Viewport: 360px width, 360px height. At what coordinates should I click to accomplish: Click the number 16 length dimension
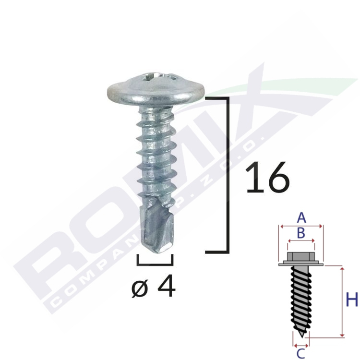267,177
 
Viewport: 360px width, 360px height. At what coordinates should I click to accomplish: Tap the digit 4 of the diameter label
166,286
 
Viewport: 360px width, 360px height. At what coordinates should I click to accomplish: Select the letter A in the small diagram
301,217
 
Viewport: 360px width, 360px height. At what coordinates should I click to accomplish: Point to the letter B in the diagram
301,233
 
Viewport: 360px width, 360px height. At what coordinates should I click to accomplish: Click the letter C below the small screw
301,354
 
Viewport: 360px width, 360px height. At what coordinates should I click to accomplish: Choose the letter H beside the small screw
352,300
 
